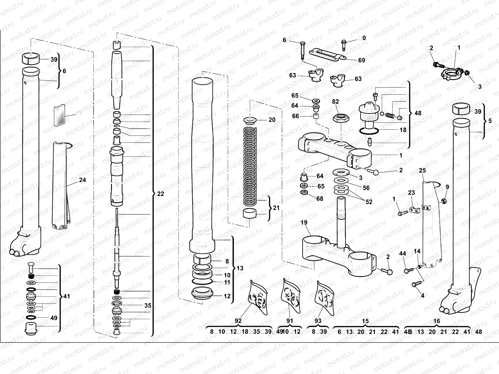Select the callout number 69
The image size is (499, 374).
coord(361,60)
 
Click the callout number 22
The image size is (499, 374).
coord(160,194)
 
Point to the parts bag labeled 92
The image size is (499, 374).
coord(259,298)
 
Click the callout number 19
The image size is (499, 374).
coord(304,223)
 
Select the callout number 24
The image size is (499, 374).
coord(82,180)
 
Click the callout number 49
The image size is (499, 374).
coord(54,318)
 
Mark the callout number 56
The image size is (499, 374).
coord(366,188)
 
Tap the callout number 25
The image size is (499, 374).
coord(422,170)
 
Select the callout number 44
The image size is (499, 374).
coord(403,254)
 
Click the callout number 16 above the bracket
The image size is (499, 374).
coord(437,321)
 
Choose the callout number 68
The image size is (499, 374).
coord(320,199)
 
